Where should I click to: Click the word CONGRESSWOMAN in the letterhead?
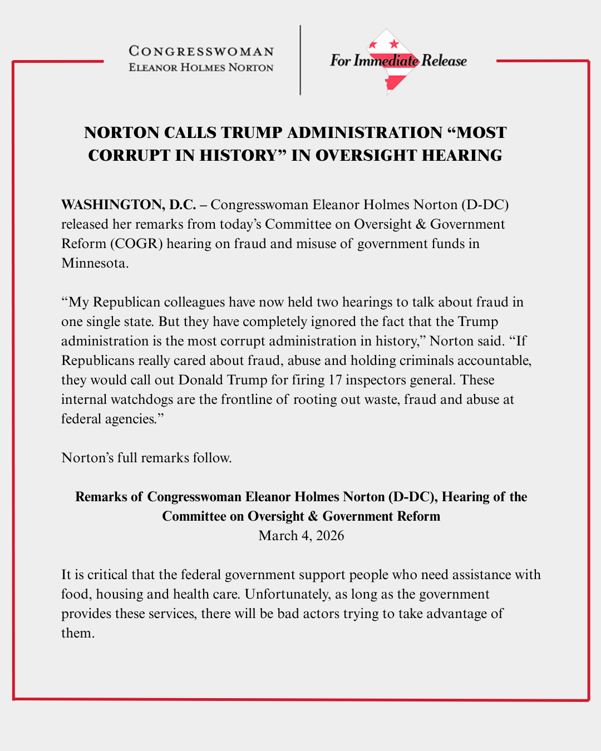201,51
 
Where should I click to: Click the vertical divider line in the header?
300,60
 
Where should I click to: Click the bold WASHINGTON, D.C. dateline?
129,205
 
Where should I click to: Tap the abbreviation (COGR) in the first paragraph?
136,244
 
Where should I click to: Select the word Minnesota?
95,263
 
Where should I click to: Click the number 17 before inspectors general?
335,380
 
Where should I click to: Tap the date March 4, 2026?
301,536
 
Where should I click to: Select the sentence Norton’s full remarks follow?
146,458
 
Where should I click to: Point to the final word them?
77,633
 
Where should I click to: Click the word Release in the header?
444,61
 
